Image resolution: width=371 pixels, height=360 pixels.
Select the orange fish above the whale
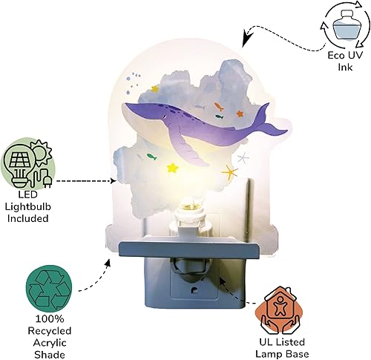pos(217,107)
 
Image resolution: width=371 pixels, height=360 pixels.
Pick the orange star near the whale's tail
pos(239,113)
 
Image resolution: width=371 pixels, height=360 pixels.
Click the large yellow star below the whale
pos(172,167)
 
